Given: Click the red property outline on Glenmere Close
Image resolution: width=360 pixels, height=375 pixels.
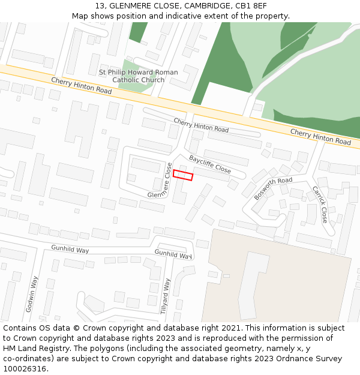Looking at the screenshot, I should [x=183, y=175].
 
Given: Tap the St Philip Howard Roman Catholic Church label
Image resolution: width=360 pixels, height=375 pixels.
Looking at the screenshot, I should [x=138, y=76].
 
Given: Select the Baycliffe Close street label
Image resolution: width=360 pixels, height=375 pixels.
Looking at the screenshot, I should [x=210, y=164].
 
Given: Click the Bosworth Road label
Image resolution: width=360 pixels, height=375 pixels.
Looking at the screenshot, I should [x=273, y=188].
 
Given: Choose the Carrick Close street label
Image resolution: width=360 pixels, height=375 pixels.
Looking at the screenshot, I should [x=320, y=204].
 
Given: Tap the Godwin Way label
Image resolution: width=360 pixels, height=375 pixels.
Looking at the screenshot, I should [x=31, y=294].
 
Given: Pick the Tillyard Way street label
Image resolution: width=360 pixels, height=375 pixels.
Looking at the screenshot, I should [x=166, y=296].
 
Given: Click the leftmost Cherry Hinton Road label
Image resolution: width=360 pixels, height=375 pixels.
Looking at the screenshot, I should [x=81, y=86].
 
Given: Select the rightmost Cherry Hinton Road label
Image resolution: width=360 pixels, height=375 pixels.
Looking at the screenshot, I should [x=320, y=136].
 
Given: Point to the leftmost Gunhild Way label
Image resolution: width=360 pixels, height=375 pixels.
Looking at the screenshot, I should [x=70, y=249].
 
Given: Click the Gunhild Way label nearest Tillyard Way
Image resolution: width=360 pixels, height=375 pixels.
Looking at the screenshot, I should [x=173, y=254].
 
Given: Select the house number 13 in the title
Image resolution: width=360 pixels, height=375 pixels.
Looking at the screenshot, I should [x=99, y=6].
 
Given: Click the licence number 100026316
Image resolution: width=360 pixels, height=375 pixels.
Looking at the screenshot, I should [x=25, y=368].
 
